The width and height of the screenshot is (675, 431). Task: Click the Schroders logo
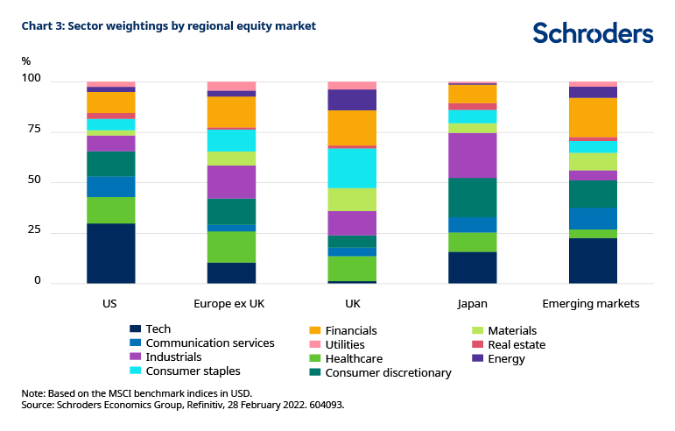pos(593,32)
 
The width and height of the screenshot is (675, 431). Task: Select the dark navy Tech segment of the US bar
pos(110,253)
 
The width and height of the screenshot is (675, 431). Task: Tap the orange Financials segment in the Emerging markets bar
pos(593,117)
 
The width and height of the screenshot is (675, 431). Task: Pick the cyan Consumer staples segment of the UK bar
pos(352,167)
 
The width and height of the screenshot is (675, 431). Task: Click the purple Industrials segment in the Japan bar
pos(472,155)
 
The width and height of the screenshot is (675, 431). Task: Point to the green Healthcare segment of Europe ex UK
pos(231,246)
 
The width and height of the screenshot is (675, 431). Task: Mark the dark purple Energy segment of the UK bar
pos(352,99)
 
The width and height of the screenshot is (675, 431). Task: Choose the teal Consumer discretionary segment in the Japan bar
pos(472,197)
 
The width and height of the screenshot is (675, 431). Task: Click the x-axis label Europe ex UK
pos(231,304)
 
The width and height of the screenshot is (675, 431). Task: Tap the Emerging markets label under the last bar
pos(593,304)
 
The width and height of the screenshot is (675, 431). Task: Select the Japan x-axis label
pos(472,304)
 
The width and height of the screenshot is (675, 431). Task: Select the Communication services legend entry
pos(211,343)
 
